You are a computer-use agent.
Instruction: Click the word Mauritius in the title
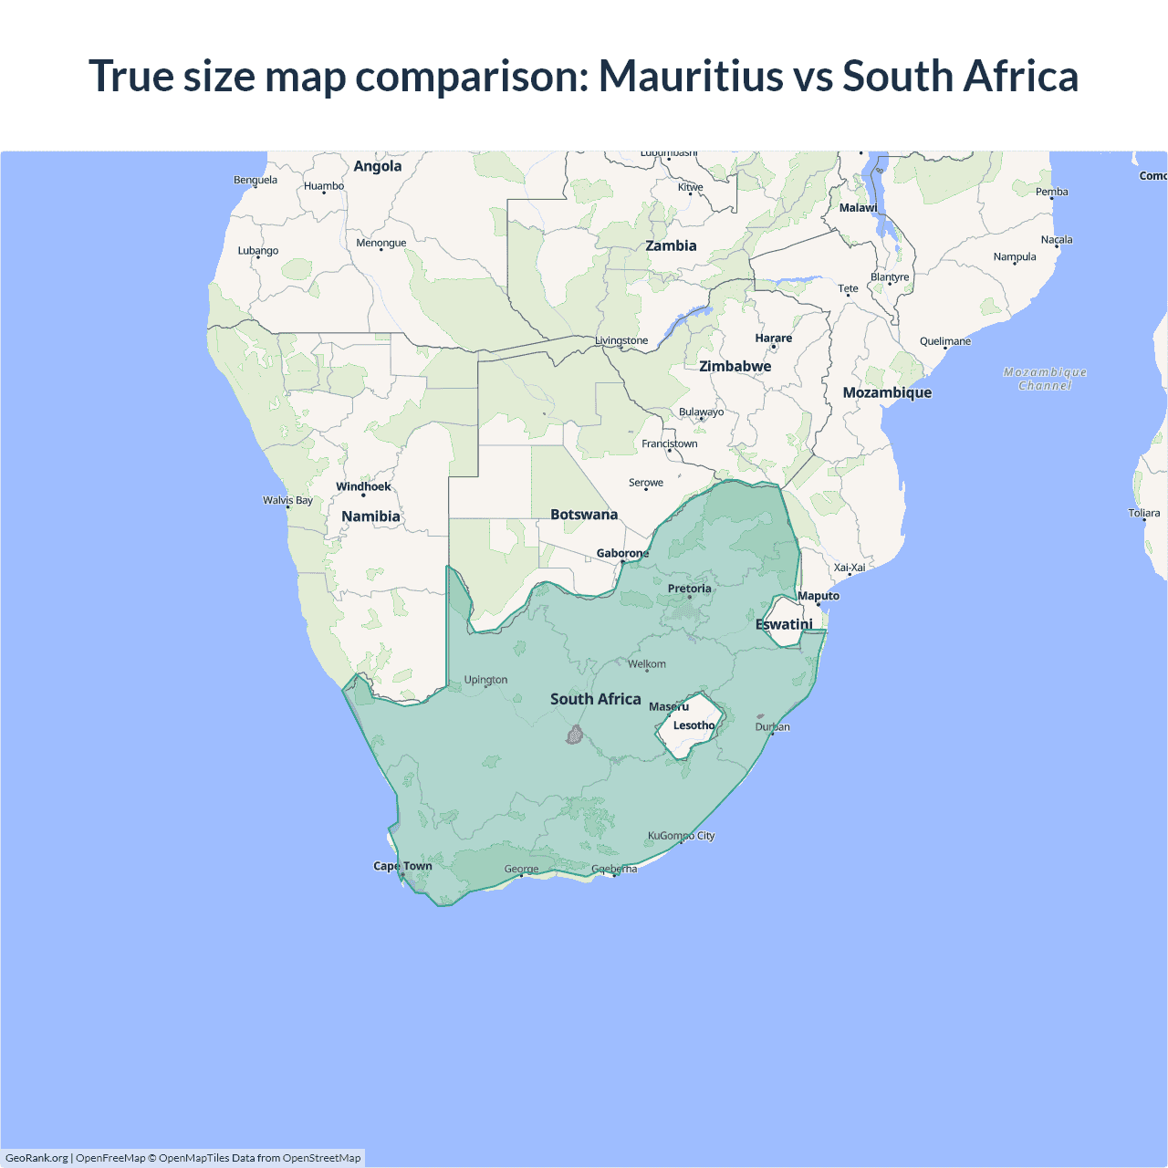690,76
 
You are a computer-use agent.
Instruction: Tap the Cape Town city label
402,866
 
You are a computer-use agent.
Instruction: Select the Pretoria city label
689,589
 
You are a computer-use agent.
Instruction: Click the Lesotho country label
693,725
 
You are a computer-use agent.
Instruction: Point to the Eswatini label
784,624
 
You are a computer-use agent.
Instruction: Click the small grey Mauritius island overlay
574,735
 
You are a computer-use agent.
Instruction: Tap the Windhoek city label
363,486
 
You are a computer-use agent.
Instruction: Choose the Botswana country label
584,515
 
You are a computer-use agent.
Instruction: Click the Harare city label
773,338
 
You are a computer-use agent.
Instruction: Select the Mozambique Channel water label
1045,379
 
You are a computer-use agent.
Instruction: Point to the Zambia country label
671,245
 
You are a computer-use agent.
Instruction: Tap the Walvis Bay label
287,500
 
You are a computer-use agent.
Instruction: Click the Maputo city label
819,596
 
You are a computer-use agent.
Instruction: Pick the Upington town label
485,680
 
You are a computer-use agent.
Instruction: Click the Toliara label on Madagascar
1143,513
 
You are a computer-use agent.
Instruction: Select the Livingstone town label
621,340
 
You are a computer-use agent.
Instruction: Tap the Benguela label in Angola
255,180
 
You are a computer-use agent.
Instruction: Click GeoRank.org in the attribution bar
36,1158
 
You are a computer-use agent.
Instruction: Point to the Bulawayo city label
701,412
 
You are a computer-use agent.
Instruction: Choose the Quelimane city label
945,341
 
